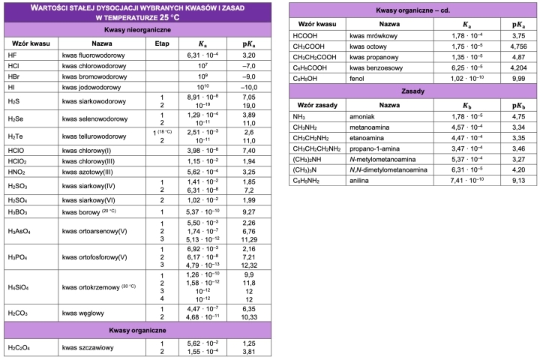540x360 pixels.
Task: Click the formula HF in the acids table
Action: point(12,55)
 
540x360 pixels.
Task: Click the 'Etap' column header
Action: point(162,43)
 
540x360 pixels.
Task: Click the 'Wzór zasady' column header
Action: point(316,104)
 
